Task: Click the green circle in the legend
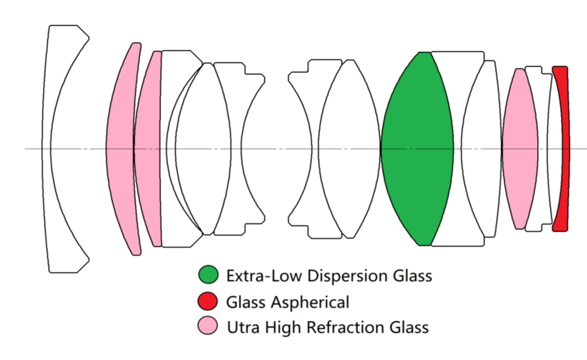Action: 208,275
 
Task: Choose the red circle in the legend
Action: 208,301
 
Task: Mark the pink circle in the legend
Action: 208,326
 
